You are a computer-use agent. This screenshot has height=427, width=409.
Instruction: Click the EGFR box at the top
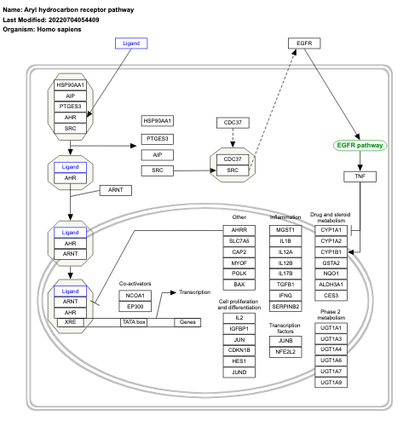[302, 42]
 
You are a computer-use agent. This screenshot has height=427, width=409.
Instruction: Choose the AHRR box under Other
[239, 230]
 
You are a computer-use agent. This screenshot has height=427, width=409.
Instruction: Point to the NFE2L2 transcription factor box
[286, 349]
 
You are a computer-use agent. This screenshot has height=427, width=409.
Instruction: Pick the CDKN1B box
[239, 349]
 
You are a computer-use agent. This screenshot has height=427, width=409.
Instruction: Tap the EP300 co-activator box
[135, 307]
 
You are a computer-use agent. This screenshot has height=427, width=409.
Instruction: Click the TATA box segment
[134, 322]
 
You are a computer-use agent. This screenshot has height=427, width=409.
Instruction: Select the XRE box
[71, 322]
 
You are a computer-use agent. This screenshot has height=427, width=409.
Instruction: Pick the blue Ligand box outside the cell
[133, 42]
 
